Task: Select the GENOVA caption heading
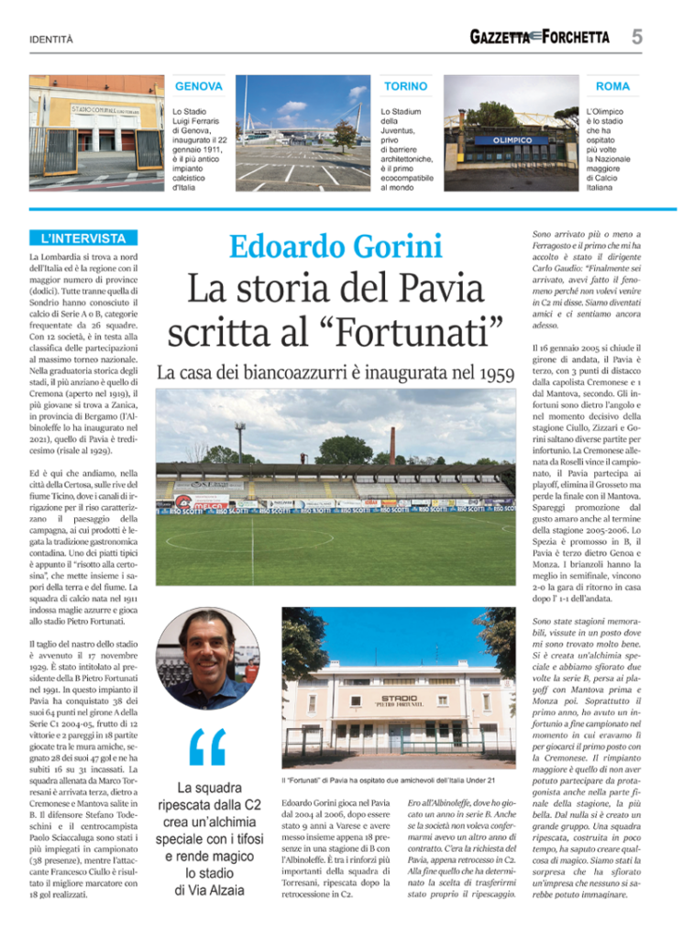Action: (x=198, y=86)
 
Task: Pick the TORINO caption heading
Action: (x=405, y=86)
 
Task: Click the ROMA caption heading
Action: (x=612, y=86)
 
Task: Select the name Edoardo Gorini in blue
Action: (x=336, y=247)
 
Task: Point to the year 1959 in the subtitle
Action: (x=488, y=373)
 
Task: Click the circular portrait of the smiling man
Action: (x=208, y=657)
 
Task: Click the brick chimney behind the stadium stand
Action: (x=391, y=446)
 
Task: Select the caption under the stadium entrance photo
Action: (x=389, y=779)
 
